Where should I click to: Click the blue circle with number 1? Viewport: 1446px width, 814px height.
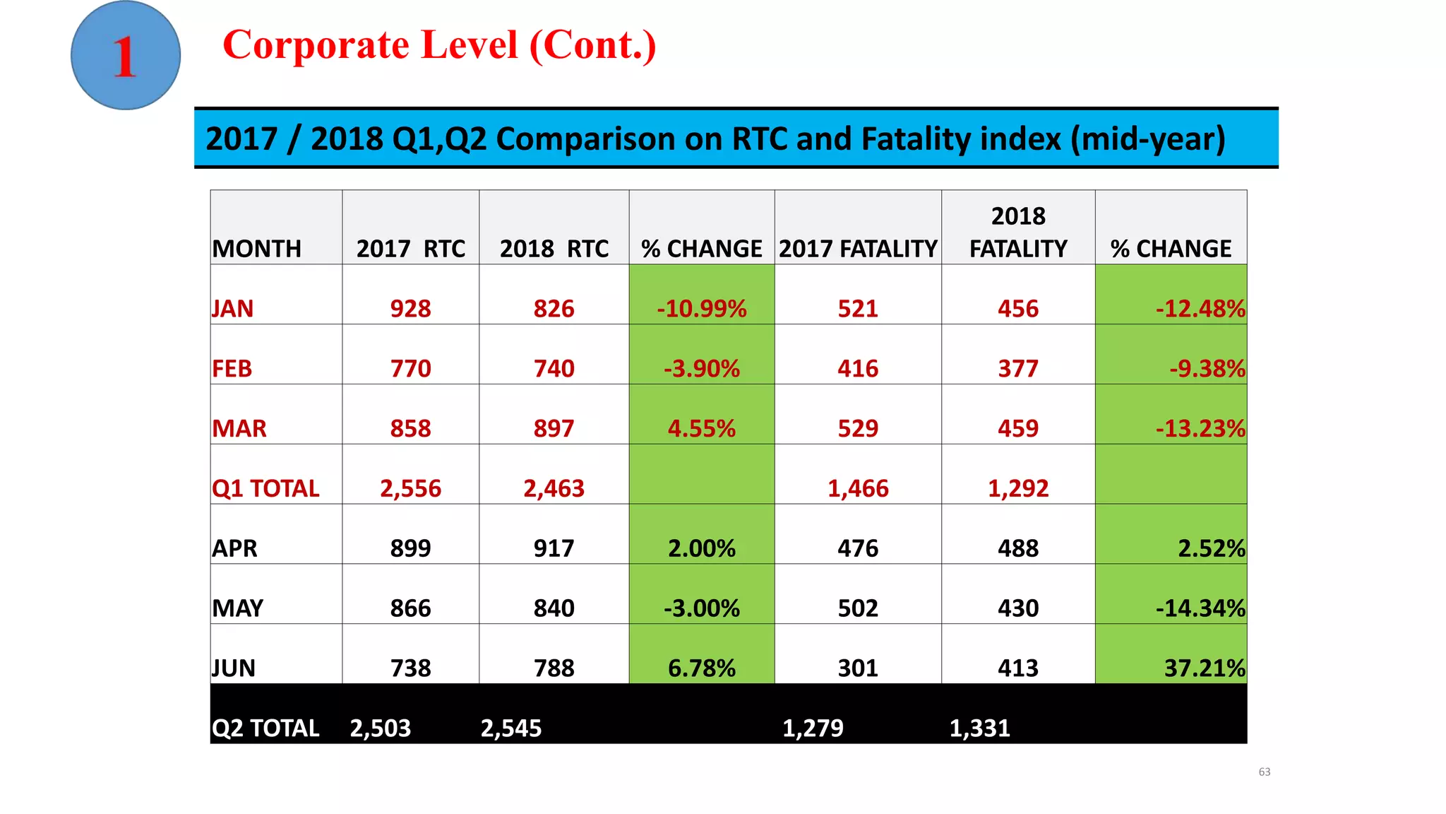126,55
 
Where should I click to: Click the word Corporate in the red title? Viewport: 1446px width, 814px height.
316,45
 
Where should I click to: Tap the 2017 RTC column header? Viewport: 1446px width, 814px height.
410,249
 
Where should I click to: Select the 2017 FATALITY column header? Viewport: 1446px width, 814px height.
857,249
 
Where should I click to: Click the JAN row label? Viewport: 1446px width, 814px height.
233,309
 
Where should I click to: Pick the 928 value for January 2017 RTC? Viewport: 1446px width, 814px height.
410,309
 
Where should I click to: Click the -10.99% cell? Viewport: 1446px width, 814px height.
701,309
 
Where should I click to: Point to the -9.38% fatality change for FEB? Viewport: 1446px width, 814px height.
1207,369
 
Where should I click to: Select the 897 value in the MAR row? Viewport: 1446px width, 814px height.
554,429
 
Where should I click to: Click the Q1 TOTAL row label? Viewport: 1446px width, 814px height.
265,488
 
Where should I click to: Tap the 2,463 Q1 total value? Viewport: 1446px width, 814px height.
554,488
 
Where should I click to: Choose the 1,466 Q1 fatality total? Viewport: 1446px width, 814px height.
857,488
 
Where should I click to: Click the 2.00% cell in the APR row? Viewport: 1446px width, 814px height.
701,548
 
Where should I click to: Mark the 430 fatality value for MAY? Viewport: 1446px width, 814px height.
1017,608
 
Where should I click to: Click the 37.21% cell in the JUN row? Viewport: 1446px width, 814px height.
1204,668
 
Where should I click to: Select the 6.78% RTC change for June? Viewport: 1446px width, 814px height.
701,668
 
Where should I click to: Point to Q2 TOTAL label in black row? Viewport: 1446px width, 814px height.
265,729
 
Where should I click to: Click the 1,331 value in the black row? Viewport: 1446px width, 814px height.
979,729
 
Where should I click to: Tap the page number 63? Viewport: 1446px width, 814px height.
1264,772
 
